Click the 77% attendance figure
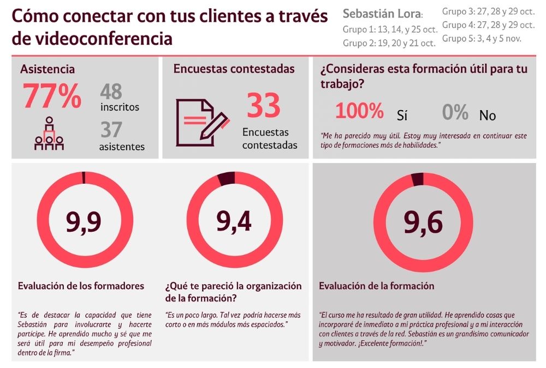[52, 95]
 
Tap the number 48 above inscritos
[111, 92]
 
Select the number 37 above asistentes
[111, 129]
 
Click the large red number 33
[264, 105]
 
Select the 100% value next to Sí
[359, 111]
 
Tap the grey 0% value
[455, 112]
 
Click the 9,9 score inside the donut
[84, 221]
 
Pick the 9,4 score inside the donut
[234, 221]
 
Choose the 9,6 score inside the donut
[423, 222]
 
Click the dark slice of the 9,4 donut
[227, 178]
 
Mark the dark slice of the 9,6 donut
[418, 180]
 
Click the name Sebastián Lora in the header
[382, 14]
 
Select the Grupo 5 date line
[482, 38]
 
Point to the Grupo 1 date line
[390, 29]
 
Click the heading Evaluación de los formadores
[81, 286]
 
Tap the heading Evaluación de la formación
[376, 286]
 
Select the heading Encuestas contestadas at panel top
[234, 69]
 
